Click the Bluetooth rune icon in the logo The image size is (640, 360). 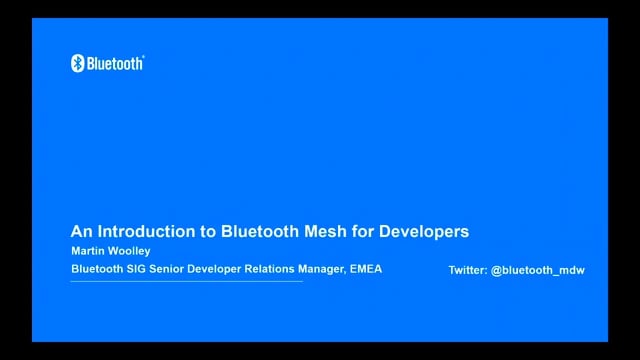[x=77, y=63]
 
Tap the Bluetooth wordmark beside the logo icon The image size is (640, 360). [x=115, y=63]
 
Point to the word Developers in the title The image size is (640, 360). [x=425, y=231]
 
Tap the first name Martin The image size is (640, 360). [x=88, y=251]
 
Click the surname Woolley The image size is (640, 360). [x=131, y=251]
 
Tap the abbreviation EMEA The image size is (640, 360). [x=366, y=269]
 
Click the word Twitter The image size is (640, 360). [x=468, y=270]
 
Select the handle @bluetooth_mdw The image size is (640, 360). [x=538, y=270]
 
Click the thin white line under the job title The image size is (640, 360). [x=186, y=281]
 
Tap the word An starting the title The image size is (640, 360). [x=80, y=231]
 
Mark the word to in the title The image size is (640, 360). [x=208, y=231]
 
